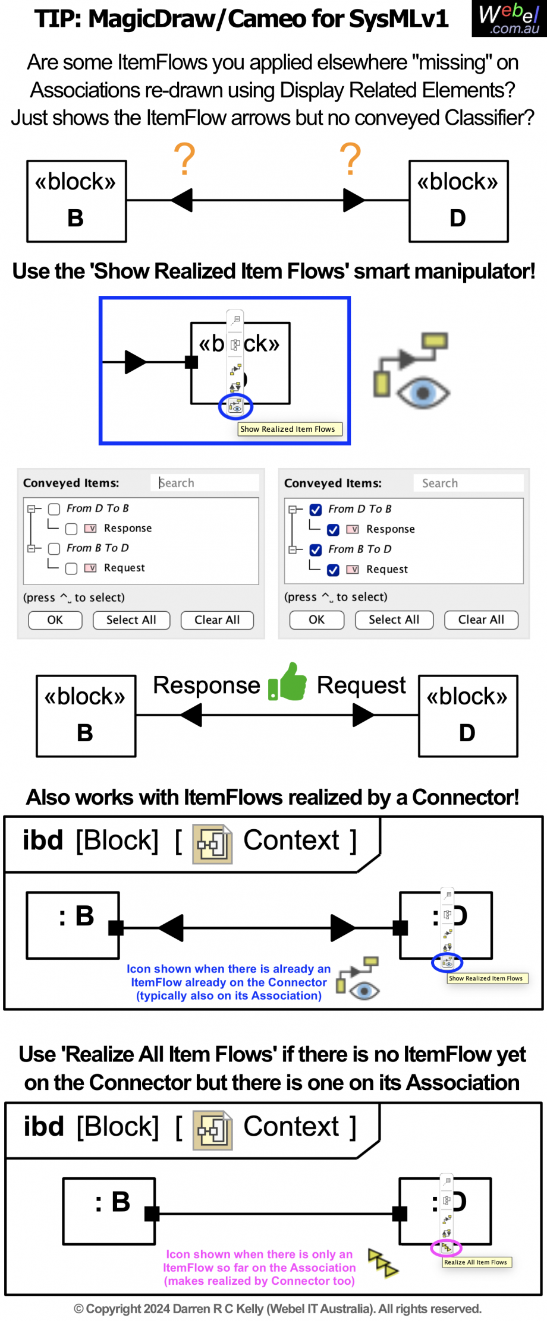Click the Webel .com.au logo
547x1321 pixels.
click(509, 18)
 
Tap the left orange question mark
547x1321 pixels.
click(184, 159)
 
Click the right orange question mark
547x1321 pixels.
click(350, 159)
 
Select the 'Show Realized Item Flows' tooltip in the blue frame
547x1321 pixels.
click(288, 429)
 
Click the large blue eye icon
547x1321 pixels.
click(423, 393)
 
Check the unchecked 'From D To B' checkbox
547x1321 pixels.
click(55, 509)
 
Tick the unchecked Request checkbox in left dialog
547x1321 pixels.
click(71, 568)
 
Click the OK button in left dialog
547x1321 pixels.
click(55, 620)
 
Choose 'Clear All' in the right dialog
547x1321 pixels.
click(481, 620)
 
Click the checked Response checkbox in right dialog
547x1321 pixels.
click(334, 529)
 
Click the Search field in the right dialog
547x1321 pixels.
click(469, 483)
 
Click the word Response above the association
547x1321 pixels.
click(206, 685)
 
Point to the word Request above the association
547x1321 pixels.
click(361, 685)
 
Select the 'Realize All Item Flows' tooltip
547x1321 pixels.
click(476, 1262)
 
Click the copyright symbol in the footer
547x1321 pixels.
click(78, 1309)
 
